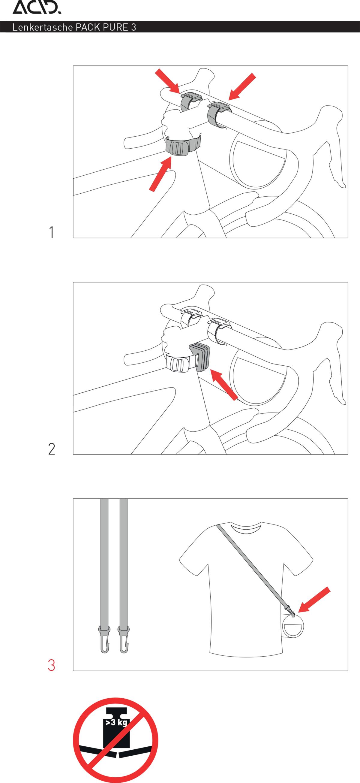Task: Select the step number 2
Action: (52, 449)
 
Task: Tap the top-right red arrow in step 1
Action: (242, 87)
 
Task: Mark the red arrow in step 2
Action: (224, 385)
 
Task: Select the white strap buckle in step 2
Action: (177, 364)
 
